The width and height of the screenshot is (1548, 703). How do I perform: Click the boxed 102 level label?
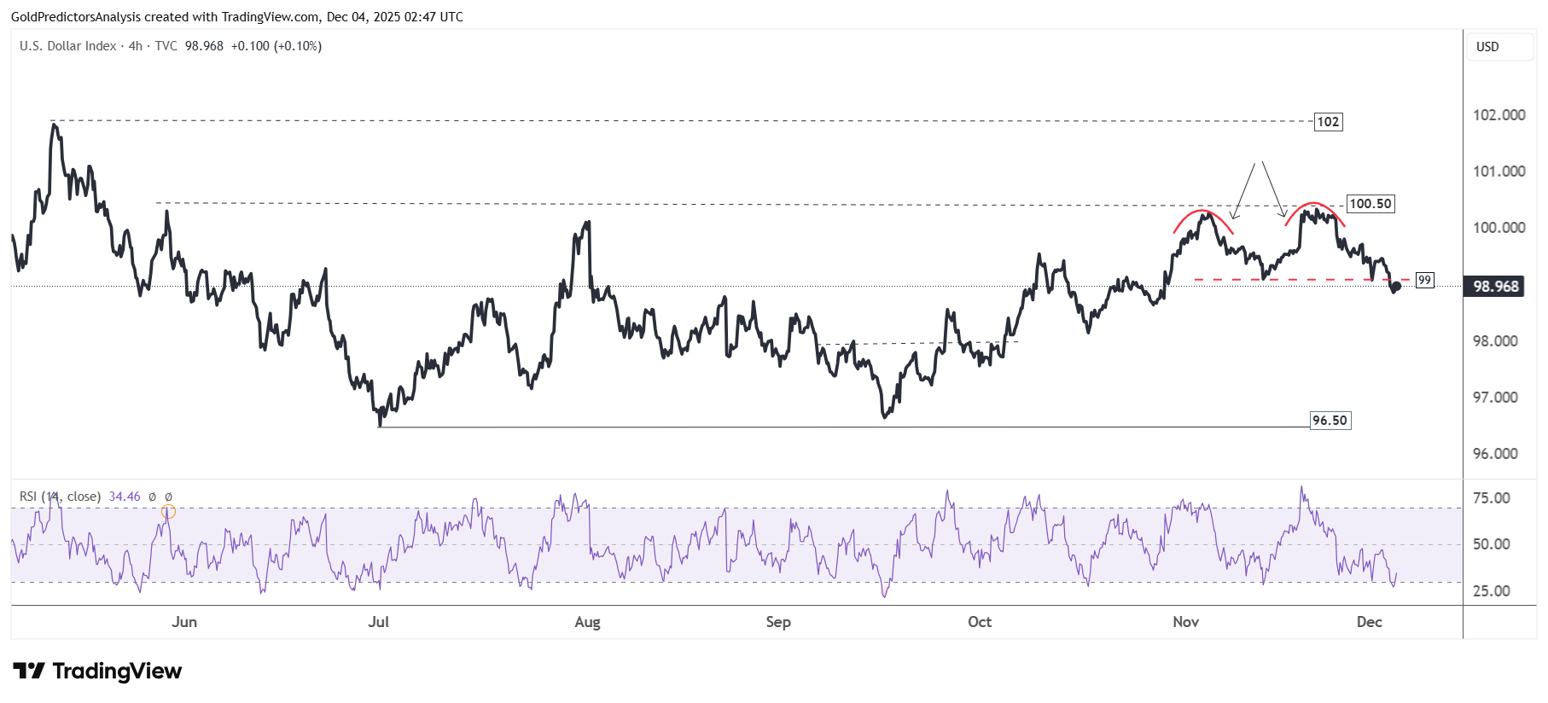tap(1328, 122)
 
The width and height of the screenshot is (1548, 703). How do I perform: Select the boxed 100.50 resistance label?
tap(1370, 204)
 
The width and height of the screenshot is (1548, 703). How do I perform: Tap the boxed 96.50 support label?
tap(1330, 421)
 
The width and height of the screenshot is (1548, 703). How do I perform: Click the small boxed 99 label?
tap(1424, 280)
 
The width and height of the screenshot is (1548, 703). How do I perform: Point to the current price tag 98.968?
tap(1496, 287)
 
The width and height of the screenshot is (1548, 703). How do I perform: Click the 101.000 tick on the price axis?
tap(1499, 171)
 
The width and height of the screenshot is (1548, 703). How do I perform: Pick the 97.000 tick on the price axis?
tap(1495, 398)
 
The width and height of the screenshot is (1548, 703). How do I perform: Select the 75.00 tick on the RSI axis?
tap(1491, 498)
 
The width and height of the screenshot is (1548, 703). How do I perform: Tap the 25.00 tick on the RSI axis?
tap(1491, 591)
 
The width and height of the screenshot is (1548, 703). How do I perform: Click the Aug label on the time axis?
tap(587, 622)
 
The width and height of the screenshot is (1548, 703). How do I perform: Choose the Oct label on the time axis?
tap(980, 622)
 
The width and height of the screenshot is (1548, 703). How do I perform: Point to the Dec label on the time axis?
tap(1369, 622)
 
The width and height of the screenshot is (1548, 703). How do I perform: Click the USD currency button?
tap(1487, 47)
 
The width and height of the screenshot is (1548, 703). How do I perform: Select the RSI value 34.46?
tap(125, 497)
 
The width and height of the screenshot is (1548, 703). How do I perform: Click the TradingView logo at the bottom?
tap(97, 671)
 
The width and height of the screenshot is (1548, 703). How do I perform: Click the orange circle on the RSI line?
tap(168, 511)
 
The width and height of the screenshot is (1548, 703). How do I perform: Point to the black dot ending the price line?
tap(1396, 287)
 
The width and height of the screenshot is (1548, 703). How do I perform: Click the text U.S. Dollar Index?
tap(68, 46)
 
